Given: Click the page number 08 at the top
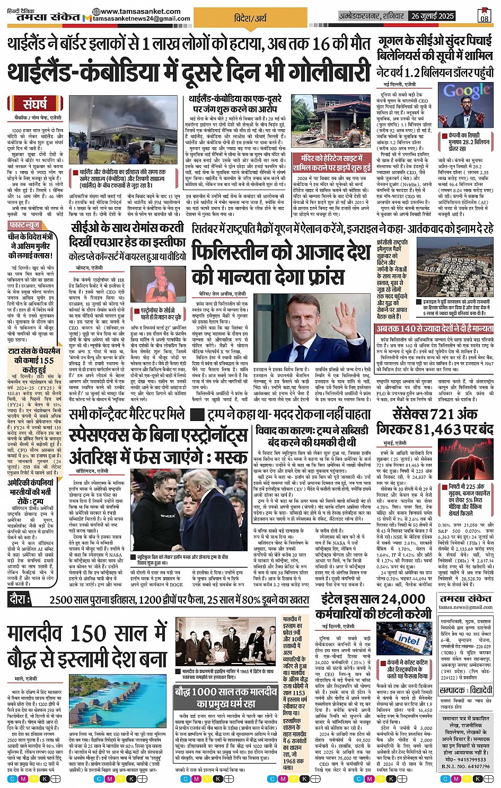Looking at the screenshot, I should tap(485, 17).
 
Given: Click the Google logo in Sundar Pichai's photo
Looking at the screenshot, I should tap(467, 91).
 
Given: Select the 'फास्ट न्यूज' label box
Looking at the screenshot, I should tap(25, 225).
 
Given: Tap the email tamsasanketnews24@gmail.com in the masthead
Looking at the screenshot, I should tap(141, 19).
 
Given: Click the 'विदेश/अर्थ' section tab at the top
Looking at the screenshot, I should tap(250, 17).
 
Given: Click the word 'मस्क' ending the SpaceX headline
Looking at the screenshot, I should tap(227, 456).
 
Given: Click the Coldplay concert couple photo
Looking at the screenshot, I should tap(160, 284).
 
